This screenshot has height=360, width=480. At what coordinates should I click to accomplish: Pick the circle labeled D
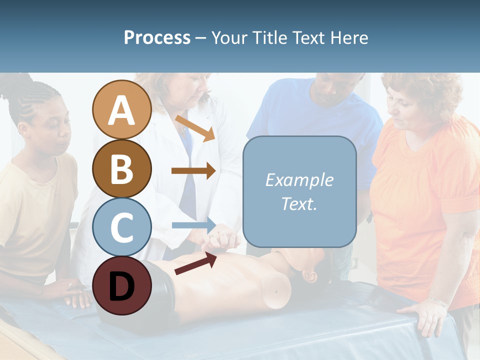(x=122, y=285)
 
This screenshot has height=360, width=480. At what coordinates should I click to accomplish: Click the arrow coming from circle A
(x=194, y=128)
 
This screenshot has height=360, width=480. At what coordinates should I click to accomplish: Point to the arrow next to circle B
(x=193, y=170)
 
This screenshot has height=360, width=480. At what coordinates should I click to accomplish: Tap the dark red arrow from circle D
(x=195, y=263)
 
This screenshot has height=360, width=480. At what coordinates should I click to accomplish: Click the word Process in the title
(x=157, y=37)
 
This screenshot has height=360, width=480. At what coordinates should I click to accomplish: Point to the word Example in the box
(x=299, y=180)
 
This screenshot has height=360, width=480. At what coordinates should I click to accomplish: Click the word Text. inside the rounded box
(x=299, y=203)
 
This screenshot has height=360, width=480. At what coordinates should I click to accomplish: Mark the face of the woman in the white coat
(x=190, y=90)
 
